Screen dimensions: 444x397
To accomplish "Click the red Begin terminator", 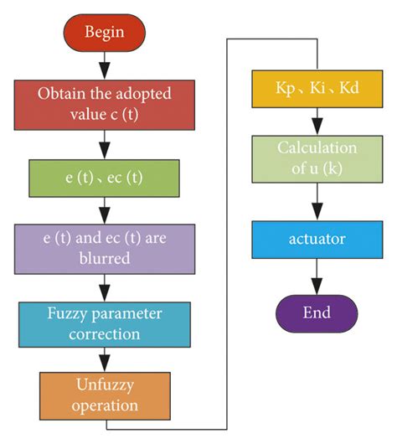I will [104, 32].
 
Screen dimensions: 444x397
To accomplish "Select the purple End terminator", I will [317, 313].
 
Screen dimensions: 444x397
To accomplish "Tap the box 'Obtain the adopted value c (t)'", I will [104, 103].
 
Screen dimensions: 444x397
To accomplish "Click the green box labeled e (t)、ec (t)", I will [104, 177].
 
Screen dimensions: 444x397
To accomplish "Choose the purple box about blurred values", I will [104, 248].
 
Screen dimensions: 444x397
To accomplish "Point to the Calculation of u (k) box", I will [317, 158].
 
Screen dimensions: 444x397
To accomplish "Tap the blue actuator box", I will [317, 240].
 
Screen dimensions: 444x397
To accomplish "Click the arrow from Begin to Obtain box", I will [104, 63].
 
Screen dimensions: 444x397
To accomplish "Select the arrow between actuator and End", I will [317, 276].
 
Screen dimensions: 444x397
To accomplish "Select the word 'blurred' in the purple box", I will [104, 258].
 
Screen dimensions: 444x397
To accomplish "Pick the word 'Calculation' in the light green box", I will [317, 148].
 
